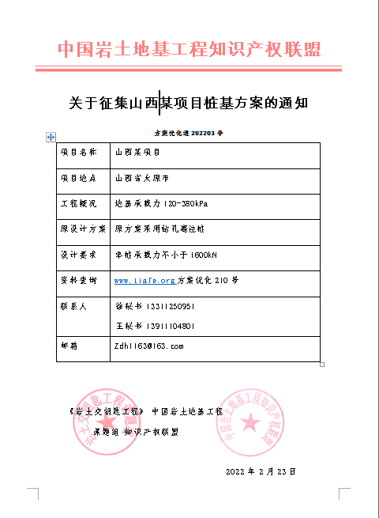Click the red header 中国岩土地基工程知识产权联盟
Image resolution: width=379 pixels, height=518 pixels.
pyautogui.click(x=189, y=50)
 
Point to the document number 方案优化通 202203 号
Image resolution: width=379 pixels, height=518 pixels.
pyautogui.click(x=189, y=134)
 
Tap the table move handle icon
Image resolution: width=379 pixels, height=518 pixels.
pyautogui.click(x=51, y=137)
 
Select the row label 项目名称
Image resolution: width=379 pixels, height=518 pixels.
pyautogui.click(x=79, y=152)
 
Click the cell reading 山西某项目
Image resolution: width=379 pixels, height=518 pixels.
pyautogui.click(x=137, y=152)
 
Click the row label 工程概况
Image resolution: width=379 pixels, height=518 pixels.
pyautogui.click(x=79, y=204)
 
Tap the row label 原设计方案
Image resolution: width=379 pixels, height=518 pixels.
pyautogui.click(x=83, y=230)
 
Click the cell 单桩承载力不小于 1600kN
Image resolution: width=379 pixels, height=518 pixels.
pyautogui.click(x=166, y=255)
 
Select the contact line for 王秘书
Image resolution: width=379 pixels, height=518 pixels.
pyautogui.click(x=155, y=326)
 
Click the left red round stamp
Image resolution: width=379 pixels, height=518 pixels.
pyautogui.click(x=98, y=419)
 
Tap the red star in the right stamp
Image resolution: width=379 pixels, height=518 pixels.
pyautogui.click(x=250, y=422)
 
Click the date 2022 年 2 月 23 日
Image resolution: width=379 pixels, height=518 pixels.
pyautogui.click(x=260, y=471)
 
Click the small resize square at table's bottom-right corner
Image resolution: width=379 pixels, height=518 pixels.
pyautogui.click(x=322, y=365)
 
